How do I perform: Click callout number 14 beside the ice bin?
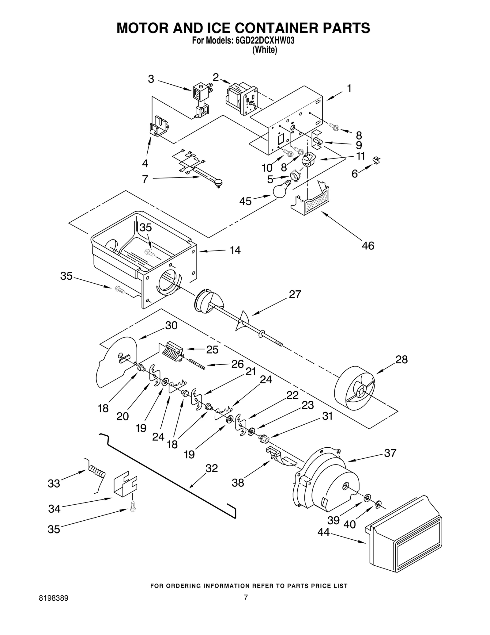coord(235,251)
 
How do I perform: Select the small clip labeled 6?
coord(377,160)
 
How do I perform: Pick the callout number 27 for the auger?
coord(295,294)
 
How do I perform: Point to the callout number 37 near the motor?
coord(390,453)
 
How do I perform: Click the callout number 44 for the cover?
coord(323,532)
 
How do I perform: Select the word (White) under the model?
coord(265,50)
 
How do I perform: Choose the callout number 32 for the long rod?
coord(211,468)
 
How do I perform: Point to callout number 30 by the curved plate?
coord(171,325)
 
